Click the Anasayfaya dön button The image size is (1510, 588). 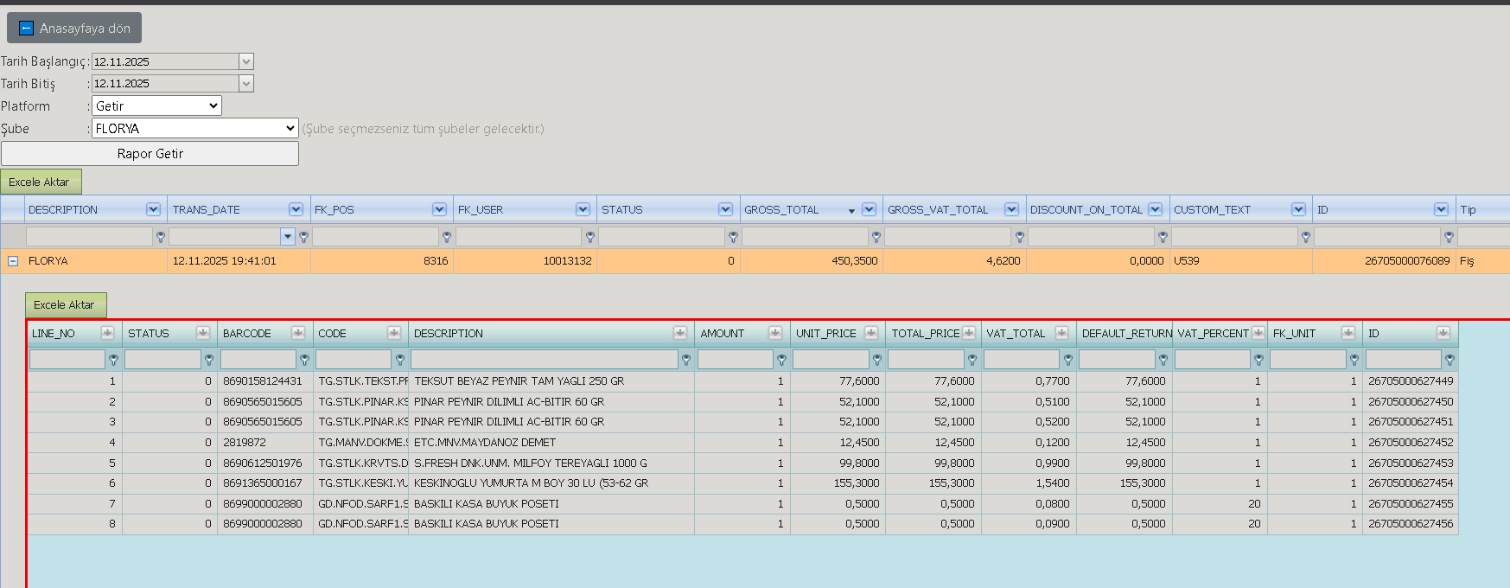pyautogui.click(x=74, y=28)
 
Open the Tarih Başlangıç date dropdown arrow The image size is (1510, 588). pyautogui.click(x=246, y=61)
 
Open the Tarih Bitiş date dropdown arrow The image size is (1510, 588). pyautogui.click(x=246, y=83)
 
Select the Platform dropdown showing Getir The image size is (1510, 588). pyautogui.click(x=156, y=105)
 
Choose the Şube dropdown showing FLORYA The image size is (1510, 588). pyautogui.click(x=194, y=128)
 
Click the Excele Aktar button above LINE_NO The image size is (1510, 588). pyautogui.click(x=66, y=304)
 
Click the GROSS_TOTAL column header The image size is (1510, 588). pyautogui.click(x=781, y=209)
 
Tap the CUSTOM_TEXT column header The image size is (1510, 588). pyautogui.click(x=1212, y=209)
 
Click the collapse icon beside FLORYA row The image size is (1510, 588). pyautogui.click(x=13, y=260)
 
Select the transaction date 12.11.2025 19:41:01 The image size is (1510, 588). pyautogui.click(x=225, y=260)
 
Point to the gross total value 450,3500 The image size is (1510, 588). pyautogui.click(x=854, y=260)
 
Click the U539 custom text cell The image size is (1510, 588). pyautogui.click(x=1187, y=260)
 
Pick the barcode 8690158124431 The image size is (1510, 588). pyautogui.click(x=263, y=380)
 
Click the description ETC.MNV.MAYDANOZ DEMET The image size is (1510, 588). pyautogui.click(x=485, y=442)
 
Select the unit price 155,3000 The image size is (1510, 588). pyautogui.click(x=857, y=483)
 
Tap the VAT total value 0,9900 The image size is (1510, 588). pyautogui.click(x=1053, y=463)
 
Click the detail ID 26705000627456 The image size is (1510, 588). pyautogui.click(x=1411, y=523)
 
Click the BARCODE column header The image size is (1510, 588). pyautogui.click(x=247, y=333)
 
